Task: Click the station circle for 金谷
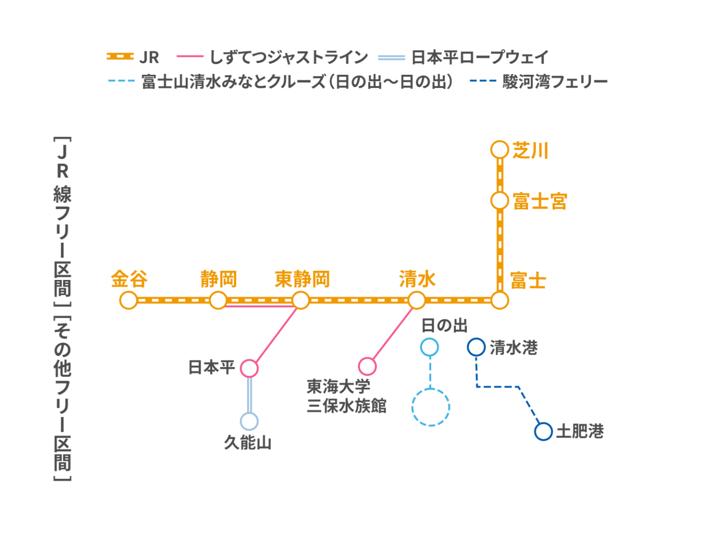pos(129,300)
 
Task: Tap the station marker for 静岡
pos(218,300)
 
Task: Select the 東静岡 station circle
pos(301,300)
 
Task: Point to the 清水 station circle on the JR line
pos(417,300)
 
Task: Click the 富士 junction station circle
pos(500,300)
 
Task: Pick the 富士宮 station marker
pos(500,201)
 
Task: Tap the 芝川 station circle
pos(500,150)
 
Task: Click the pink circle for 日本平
pos(249,368)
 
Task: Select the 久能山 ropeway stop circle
pos(249,421)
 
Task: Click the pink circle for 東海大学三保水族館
pos(367,366)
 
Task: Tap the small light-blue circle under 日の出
pos(430,347)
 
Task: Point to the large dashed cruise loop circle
pos(431,407)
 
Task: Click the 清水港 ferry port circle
pos(476,347)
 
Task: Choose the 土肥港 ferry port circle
pos(544,431)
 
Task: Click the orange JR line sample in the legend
pos(120,57)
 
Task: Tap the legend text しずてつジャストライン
pos(289,58)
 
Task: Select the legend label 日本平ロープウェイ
pos(479,58)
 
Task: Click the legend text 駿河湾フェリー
pos(555,82)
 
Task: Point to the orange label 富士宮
pos(539,202)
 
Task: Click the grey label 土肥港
pos(580,432)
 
